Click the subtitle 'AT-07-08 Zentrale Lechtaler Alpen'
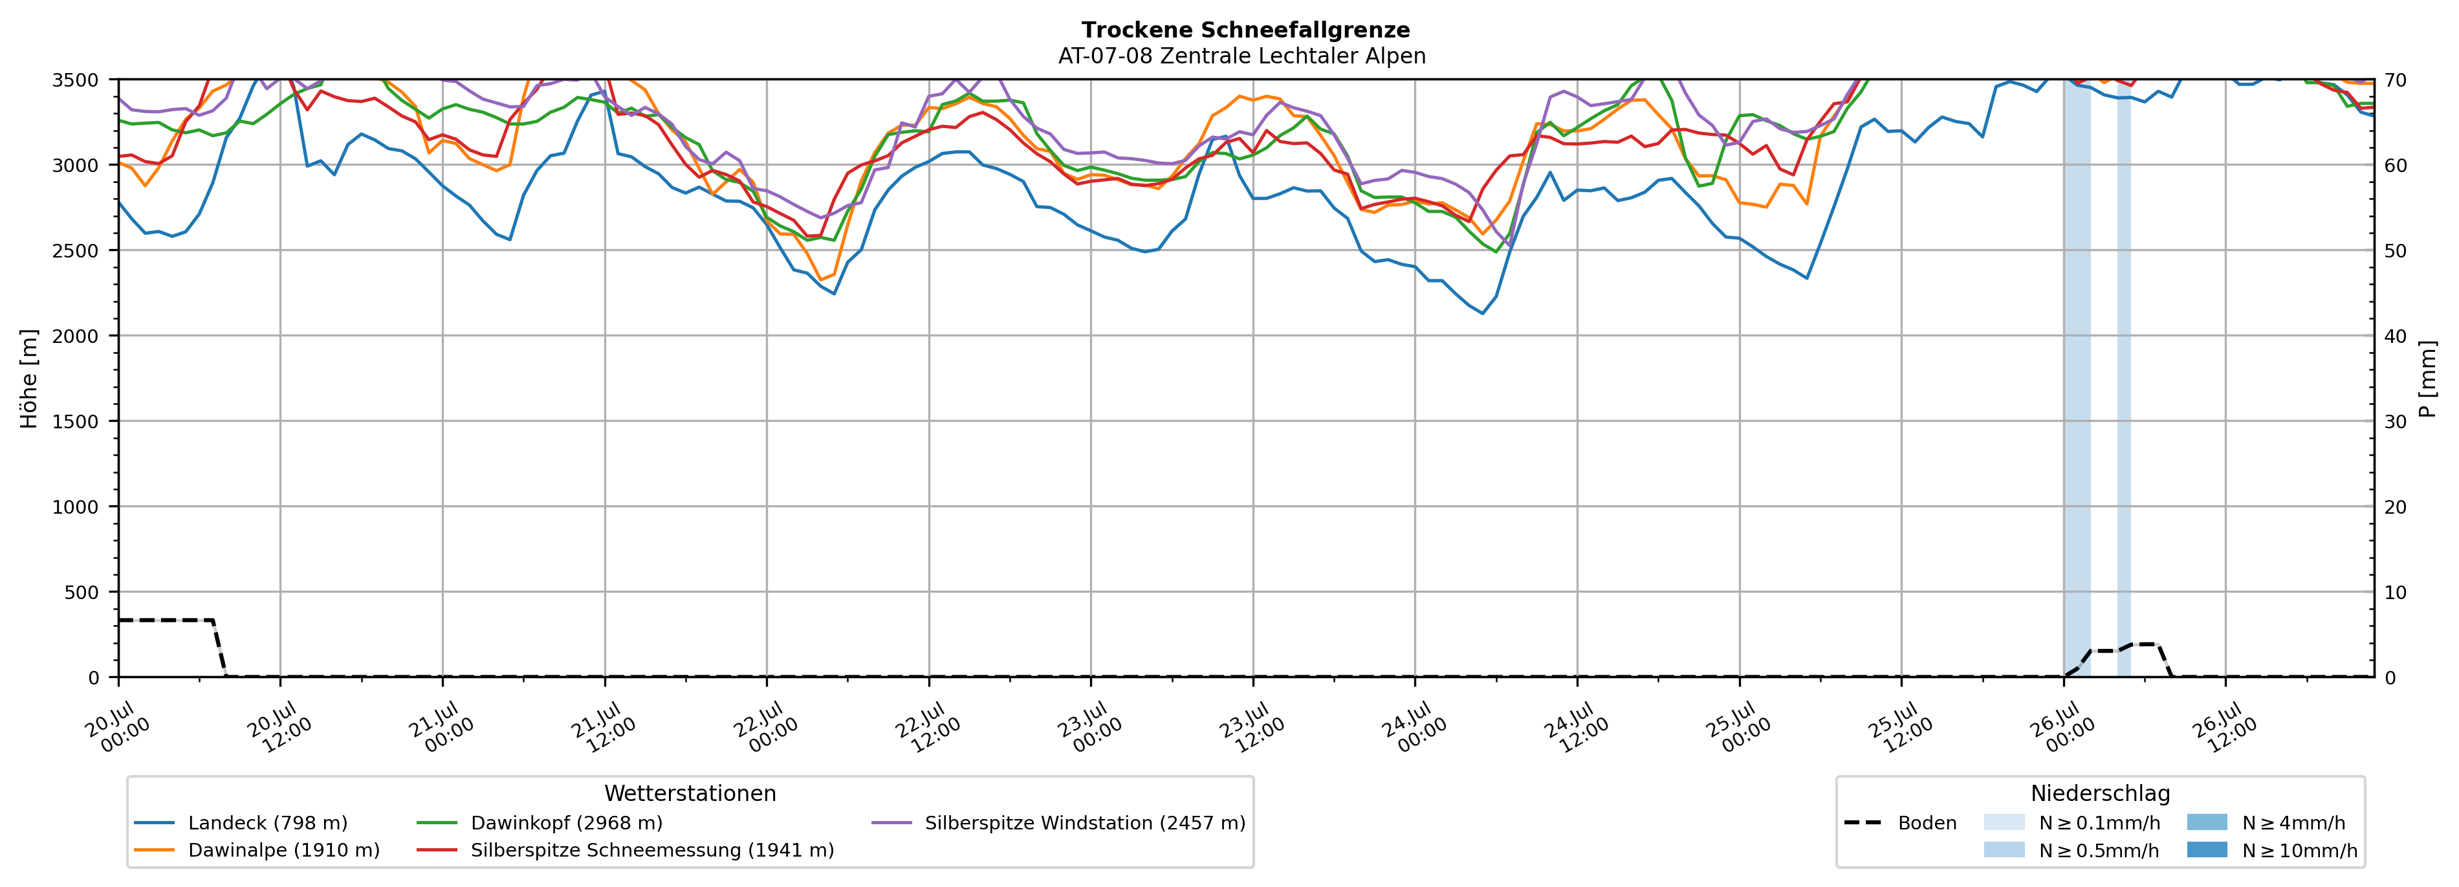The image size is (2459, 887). [x=1242, y=56]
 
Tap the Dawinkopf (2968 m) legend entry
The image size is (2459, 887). [x=540, y=823]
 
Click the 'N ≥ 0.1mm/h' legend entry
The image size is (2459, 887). [x=2071, y=823]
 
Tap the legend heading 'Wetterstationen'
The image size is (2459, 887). [x=690, y=793]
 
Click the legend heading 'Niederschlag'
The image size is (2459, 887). [x=2100, y=793]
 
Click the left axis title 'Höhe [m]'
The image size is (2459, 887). [x=30, y=378]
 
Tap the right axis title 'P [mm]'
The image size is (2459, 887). [x=2429, y=378]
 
